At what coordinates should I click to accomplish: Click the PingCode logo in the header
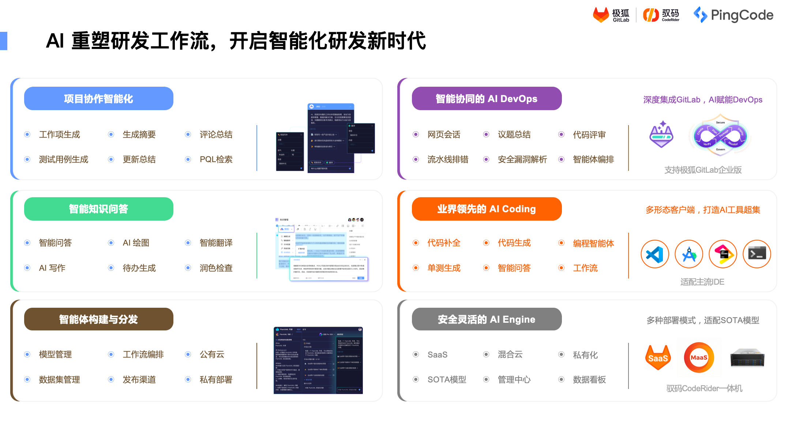pyautogui.click(x=733, y=15)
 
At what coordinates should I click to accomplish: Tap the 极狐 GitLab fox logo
pyautogui.click(x=601, y=15)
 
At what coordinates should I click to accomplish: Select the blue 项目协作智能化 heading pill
pyautogui.click(x=99, y=99)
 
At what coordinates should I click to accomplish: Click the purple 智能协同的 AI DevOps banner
pyautogui.click(x=487, y=99)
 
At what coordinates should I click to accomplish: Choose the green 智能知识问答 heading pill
pyautogui.click(x=99, y=209)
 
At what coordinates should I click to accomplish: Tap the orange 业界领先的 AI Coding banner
pyautogui.click(x=487, y=209)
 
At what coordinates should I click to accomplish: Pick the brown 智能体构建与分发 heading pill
pyautogui.click(x=99, y=319)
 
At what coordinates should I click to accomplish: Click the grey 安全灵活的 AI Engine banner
pyautogui.click(x=487, y=319)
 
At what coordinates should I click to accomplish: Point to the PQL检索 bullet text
pyautogui.click(x=216, y=160)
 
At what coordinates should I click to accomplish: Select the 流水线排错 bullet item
pyautogui.click(x=448, y=160)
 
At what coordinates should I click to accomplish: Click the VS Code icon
pyautogui.click(x=655, y=254)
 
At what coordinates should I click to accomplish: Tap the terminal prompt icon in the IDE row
pyautogui.click(x=757, y=254)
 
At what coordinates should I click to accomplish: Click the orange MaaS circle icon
pyautogui.click(x=699, y=357)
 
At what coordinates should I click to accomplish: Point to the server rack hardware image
pyautogui.click(x=747, y=357)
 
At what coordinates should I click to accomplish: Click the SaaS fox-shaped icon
pyautogui.click(x=658, y=357)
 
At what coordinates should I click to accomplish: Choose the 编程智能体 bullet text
pyautogui.click(x=593, y=244)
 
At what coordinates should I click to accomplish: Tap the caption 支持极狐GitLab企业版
pyautogui.click(x=703, y=170)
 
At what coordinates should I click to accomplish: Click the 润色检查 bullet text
pyautogui.click(x=216, y=268)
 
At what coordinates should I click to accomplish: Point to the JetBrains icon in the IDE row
pyautogui.click(x=723, y=254)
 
